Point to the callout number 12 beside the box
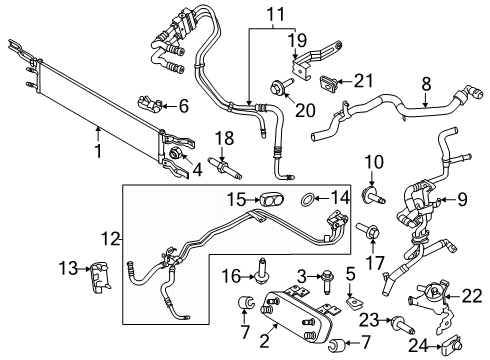click(110, 240)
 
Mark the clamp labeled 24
click(449, 344)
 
